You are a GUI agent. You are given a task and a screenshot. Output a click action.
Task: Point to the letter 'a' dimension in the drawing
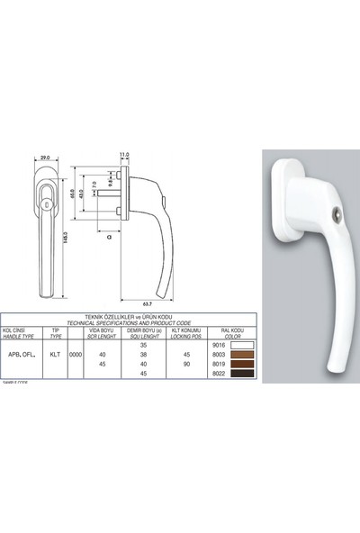click(108, 237)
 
